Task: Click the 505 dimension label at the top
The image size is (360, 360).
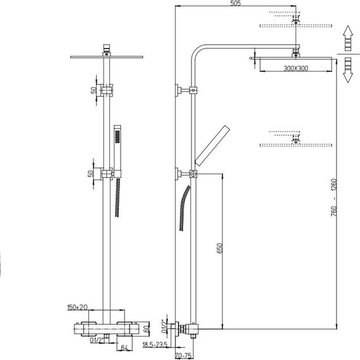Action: tap(236, 3)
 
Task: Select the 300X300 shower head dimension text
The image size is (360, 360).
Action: tap(296, 68)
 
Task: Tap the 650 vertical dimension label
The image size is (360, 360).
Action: tap(220, 248)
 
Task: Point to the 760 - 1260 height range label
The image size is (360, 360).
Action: tap(334, 198)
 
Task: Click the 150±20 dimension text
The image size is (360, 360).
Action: tap(78, 308)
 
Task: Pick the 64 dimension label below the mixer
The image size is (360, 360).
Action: tap(124, 348)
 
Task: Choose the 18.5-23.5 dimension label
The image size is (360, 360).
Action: tap(155, 345)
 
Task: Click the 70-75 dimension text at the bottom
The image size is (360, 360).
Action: tap(183, 356)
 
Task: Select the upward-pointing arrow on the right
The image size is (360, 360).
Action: tap(348, 38)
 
